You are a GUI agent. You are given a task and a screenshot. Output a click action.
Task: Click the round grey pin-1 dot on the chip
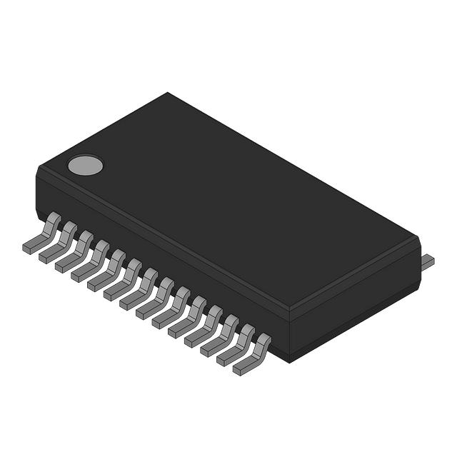coord(86,166)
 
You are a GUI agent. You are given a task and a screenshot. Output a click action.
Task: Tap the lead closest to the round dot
coord(41,238)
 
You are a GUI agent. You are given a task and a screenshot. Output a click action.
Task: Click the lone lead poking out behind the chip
coord(427,262)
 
